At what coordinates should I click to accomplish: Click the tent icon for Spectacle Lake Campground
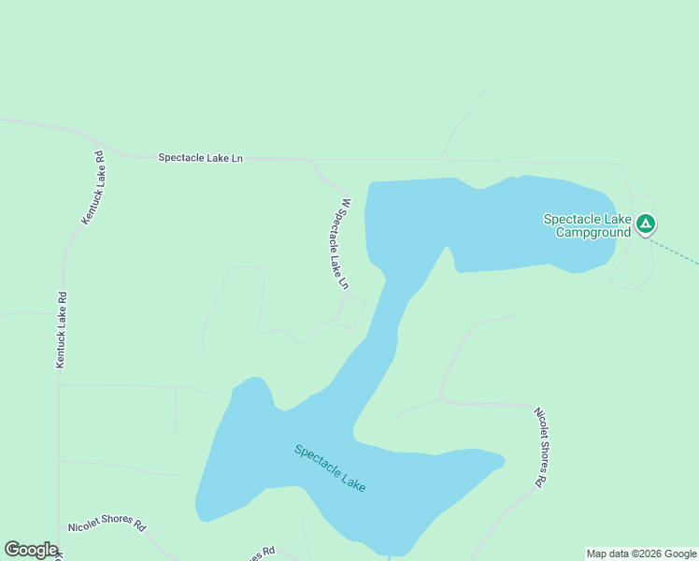(646, 224)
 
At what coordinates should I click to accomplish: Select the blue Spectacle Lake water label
(330, 467)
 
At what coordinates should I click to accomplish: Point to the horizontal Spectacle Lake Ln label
(200, 158)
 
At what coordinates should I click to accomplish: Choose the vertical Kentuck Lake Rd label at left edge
(61, 329)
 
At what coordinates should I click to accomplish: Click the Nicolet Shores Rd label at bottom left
(107, 525)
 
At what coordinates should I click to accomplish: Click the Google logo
(31, 550)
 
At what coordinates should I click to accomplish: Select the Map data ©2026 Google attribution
(641, 554)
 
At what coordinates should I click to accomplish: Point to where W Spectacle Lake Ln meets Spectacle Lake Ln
(311, 160)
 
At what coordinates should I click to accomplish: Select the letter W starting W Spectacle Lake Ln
(346, 203)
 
